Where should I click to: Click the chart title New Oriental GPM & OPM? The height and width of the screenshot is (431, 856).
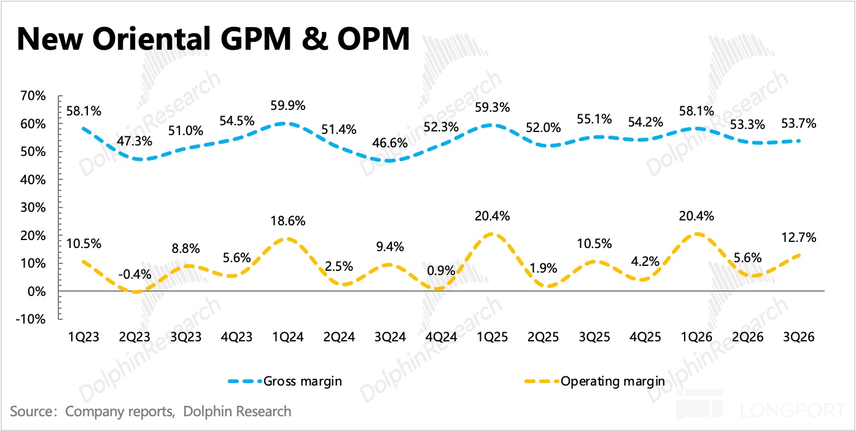(x=212, y=38)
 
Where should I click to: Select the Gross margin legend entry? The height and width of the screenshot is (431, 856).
(x=302, y=381)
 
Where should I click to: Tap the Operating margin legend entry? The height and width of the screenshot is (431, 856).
(x=612, y=381)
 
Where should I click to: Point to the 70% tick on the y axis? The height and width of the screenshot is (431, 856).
(x=33, y=96)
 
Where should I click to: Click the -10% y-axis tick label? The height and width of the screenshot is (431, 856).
(x=31, y=319)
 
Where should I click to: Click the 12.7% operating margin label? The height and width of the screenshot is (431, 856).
(x=799, y=238)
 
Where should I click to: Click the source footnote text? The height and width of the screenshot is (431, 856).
(x=150, y=411)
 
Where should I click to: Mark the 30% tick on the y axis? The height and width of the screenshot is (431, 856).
(x=33, y=208)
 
